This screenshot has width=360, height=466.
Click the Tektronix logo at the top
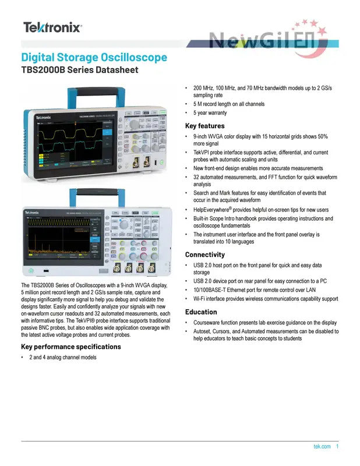(52, 27)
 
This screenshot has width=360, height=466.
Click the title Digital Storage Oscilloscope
(94, 58)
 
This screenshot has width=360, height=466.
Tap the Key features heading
(204, 126)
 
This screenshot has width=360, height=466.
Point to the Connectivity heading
(204, 255)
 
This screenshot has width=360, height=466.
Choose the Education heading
(201, 312)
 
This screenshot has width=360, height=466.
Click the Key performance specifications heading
(71, 347)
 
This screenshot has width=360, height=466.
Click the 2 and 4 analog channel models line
(63, 357)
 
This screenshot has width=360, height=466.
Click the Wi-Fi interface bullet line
(266, 299)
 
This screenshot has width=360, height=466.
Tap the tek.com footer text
(322, 447)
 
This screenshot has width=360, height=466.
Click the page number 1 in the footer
(337, 447)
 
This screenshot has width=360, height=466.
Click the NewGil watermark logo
(268, 40)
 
